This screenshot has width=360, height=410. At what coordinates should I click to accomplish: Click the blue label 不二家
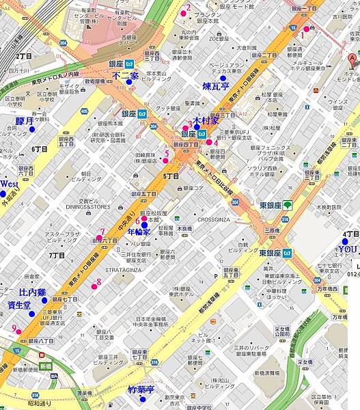[125, 75]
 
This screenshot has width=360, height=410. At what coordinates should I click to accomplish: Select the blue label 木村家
[206, 120]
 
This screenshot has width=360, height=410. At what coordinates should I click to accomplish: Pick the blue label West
[9, 184]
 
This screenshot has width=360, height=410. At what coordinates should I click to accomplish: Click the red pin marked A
[352, 59]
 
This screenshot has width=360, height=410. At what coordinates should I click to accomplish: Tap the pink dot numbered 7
[99, 238]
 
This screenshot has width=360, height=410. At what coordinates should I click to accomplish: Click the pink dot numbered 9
[19, 332]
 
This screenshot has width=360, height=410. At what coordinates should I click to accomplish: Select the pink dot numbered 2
[182, 12]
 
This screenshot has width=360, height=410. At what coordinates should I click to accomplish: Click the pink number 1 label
[302, 34]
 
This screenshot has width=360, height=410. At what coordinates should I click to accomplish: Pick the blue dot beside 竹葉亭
[142, 398]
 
